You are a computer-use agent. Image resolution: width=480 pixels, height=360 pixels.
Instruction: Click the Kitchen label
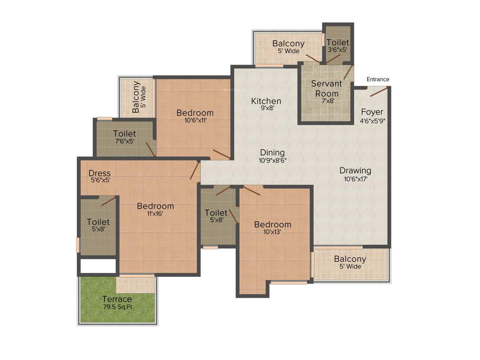coord(266,101)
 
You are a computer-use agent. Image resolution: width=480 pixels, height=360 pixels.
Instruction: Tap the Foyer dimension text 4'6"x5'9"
coord(372,120)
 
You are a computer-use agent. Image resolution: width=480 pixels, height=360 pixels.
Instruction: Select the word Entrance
coord(378,79)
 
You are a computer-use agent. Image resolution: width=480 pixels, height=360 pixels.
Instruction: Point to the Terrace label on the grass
coord(117,299)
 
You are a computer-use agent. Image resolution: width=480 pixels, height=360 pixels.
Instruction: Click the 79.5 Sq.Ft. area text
coord(117,307)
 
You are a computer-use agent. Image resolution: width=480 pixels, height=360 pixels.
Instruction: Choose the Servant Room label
coord(327,89)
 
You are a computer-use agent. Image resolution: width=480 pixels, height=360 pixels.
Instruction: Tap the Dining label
coord(272,152)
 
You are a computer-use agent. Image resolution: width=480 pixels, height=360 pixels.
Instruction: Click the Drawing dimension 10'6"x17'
coord(355,179)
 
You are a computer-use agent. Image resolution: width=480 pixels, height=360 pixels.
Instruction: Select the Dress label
coord(99,173)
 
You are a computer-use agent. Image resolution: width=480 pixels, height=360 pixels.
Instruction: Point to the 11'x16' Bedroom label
coord(155,206)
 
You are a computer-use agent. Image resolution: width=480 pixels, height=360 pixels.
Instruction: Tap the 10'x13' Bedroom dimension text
coord(272,232)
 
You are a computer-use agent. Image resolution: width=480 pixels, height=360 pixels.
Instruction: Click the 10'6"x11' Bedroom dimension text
coord(195,120)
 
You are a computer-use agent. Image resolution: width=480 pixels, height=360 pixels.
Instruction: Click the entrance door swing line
coord(379,92)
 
